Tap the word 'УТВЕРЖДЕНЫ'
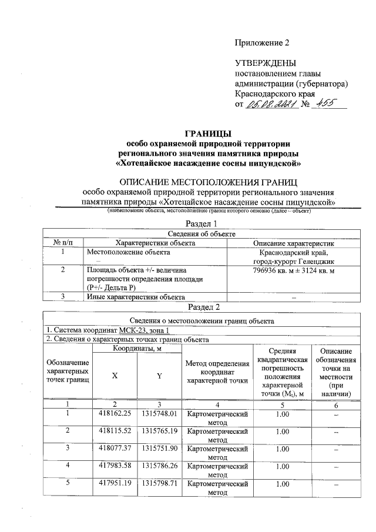pyautogui.click(x=266, y=63)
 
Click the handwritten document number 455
pyautogui.click(x=322, y=105)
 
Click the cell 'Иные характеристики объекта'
pyautogui.click(x=136, y=297)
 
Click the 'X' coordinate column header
pyautogui.click(x=115, y=376)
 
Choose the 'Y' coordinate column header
pyautogui.click(x=159, y=376)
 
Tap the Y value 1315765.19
pyautogui.click(x=159, y=431)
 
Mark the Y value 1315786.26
pyautogui.click(x=159, y=466)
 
